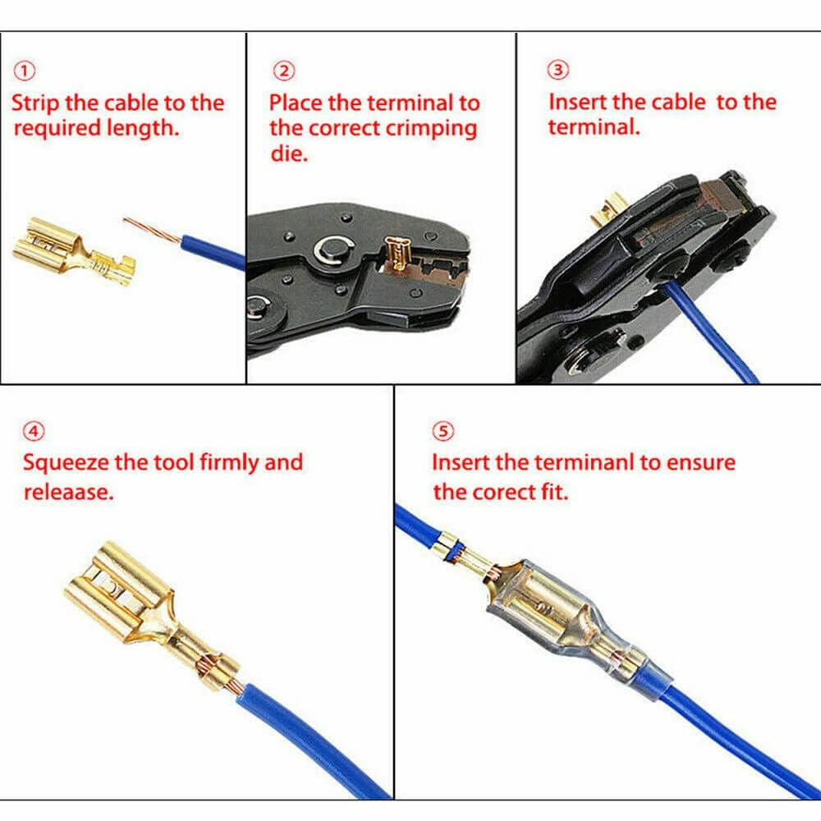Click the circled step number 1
[25, 71]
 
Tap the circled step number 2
[283, 71]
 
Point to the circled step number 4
[34, 431]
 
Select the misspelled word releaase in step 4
[67, 492]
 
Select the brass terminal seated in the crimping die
[398, 255]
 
